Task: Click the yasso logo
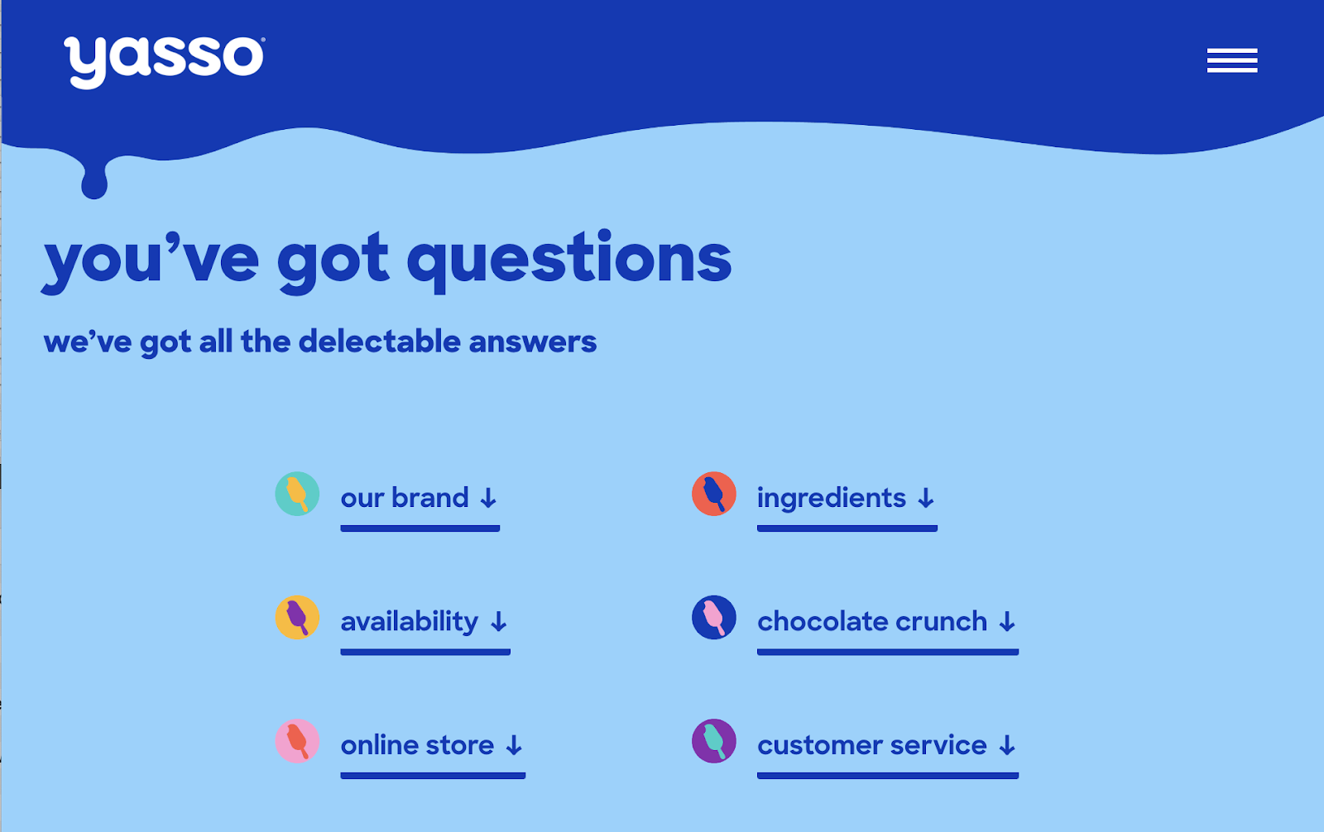[164, 60]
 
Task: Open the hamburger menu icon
[1231, 60]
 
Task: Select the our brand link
[405, 498]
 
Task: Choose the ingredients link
[831, 498]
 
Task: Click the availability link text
[409, 621]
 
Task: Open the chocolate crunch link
[871, 621]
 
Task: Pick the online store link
[417, 745]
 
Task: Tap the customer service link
[871, 745]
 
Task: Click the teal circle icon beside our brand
[297, 494]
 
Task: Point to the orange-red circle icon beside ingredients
[713, 494]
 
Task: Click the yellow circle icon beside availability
[297, 617]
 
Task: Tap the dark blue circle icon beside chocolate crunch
[713, 617]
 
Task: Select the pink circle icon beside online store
[297, 741]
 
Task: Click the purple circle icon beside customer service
[713, 741]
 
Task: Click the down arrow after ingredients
[926, 499]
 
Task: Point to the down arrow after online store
[514, 746]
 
